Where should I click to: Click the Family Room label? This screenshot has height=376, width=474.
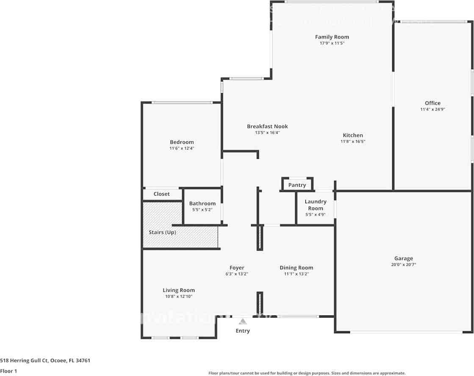332,37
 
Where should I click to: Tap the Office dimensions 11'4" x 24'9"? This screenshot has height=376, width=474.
432,109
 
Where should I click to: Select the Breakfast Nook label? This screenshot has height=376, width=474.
267,126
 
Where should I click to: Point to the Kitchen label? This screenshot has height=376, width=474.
352,135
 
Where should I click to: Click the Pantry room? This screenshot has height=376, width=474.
297,185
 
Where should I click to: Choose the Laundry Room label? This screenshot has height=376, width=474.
316,205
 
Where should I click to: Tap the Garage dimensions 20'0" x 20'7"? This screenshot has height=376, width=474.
403,265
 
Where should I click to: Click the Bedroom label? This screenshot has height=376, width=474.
182,142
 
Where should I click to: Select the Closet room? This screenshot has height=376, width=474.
161,194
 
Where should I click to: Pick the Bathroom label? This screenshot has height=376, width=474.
202,203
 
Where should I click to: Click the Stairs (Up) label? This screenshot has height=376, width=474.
162,232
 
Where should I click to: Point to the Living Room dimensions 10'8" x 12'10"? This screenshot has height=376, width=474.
179,296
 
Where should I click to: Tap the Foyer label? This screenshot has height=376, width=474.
237,268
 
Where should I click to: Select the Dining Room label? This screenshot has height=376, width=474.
296,268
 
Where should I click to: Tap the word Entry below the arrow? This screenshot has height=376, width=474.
243,331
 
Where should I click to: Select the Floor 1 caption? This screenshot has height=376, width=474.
8,371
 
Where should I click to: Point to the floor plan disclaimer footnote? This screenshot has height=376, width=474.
307,373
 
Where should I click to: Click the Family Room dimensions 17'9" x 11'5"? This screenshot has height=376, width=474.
332,43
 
